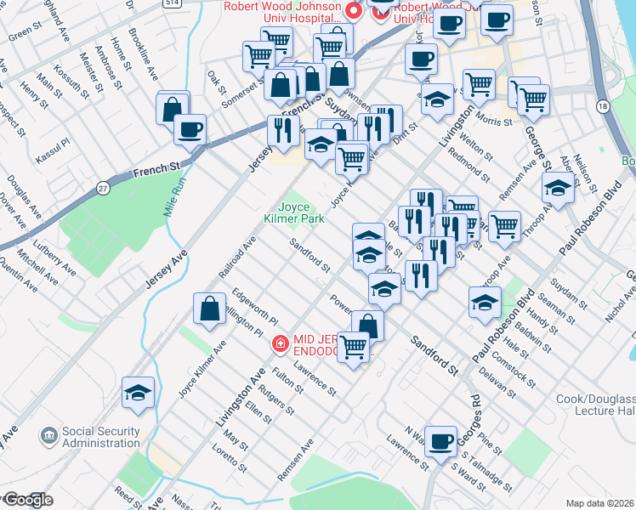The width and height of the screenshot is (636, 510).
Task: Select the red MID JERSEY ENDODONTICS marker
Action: [x=278, y=343]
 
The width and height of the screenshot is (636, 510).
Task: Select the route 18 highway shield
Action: [x=603, y=106]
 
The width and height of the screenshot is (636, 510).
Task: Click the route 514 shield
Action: [x=173, y=3]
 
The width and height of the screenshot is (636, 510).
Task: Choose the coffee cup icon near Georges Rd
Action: [x=440, y=440]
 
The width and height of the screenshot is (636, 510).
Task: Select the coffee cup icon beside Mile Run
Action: [x=190, y=129]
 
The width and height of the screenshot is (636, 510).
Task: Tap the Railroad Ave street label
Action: [x=237, y=254]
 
